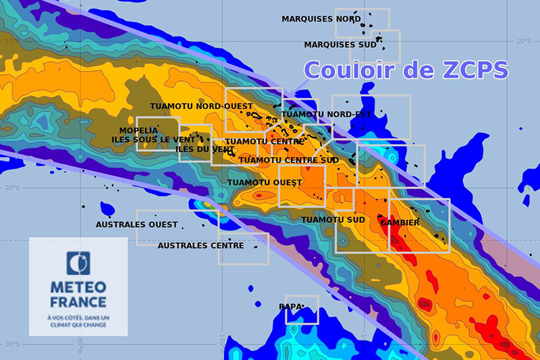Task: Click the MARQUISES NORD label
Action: click(x=321, y=20)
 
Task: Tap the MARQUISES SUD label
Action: click(x=340, y=45)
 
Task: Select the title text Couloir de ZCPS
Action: click(x=406, y=70)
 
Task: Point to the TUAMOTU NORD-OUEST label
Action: click(x=201, y=107)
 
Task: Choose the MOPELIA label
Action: click(x=138, y=130)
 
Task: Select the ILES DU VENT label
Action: click(x=205, y=149)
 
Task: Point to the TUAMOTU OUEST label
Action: click(x=265, y=182)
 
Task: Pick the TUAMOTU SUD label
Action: click(x=333, y=220)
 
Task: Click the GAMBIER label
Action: click(x=400, y=222)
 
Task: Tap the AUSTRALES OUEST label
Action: click(x=136, y=224)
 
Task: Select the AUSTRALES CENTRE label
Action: click(x=200, y=246)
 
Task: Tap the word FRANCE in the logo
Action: click(x=78, y=302)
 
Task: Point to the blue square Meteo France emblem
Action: click(x=78, y=263)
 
